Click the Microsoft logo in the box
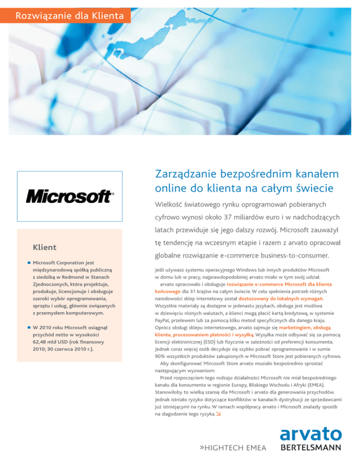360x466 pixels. pos(70,195)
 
